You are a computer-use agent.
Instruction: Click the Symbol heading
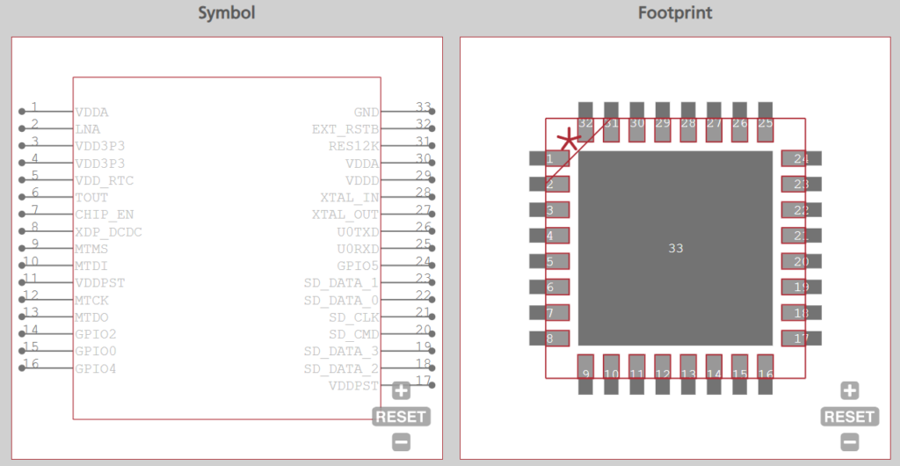point(227,13)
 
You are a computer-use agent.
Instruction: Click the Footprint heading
point(674,13)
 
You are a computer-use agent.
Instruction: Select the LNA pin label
point(87,129)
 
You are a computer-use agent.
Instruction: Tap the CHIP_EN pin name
point(103,215)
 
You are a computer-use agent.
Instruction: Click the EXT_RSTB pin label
point(345,129)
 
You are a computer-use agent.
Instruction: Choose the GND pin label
point(366,113)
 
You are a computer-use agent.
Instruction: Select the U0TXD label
point(358,232)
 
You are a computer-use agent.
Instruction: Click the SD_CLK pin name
point(353,317)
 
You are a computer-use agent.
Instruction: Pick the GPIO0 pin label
point(95,351)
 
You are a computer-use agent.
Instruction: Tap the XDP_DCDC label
point(108,232)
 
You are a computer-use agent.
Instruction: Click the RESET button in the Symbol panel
point(402,417)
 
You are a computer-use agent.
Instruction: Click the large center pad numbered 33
point(675,248)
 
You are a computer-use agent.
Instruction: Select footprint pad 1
point(549,158)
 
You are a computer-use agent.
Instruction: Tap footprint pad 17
point(801,339)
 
